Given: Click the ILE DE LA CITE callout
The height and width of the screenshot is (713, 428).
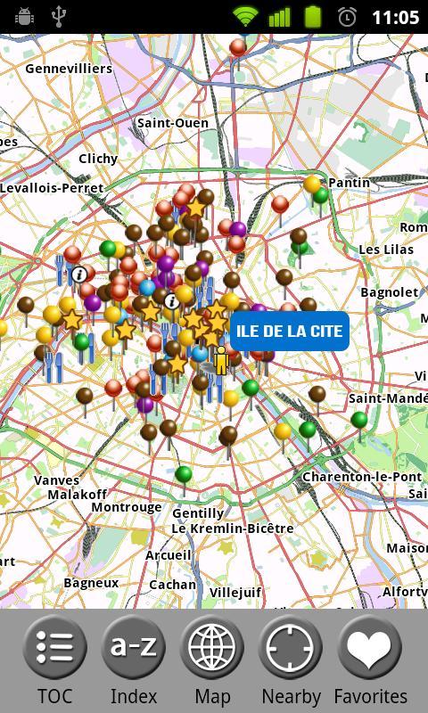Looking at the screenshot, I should click(x=290, y=331).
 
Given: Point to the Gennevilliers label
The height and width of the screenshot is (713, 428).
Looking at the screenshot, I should click(x=69, y=69).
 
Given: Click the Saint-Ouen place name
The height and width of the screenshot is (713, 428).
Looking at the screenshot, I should click(x=173, y=123).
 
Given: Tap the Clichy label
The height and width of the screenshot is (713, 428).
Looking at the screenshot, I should click(x=98, y=159).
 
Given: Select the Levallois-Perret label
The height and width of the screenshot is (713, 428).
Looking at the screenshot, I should click(x=52, y=188).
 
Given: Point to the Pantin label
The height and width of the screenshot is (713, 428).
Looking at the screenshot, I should click(x=349, y=183).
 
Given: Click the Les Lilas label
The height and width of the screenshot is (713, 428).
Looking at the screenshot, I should click(x=386, y=250).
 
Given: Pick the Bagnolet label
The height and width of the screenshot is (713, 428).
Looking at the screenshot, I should click(x=390, y=292).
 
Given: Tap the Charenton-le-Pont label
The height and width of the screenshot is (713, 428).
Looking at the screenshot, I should click(x=361, y=477).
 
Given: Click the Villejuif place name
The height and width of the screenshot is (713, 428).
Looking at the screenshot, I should click(x=235, y=591).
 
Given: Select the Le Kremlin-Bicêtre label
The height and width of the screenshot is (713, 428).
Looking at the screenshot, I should click(x=232, y=529).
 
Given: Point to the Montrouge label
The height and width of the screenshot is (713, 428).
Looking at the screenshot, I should click(x=127, y=507).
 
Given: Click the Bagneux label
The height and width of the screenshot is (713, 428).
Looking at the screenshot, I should click(x=91, y=583).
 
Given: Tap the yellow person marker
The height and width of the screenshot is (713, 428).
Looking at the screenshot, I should click(x=221, y=358).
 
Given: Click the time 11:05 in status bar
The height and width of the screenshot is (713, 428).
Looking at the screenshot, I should click(x=395, y=17).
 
